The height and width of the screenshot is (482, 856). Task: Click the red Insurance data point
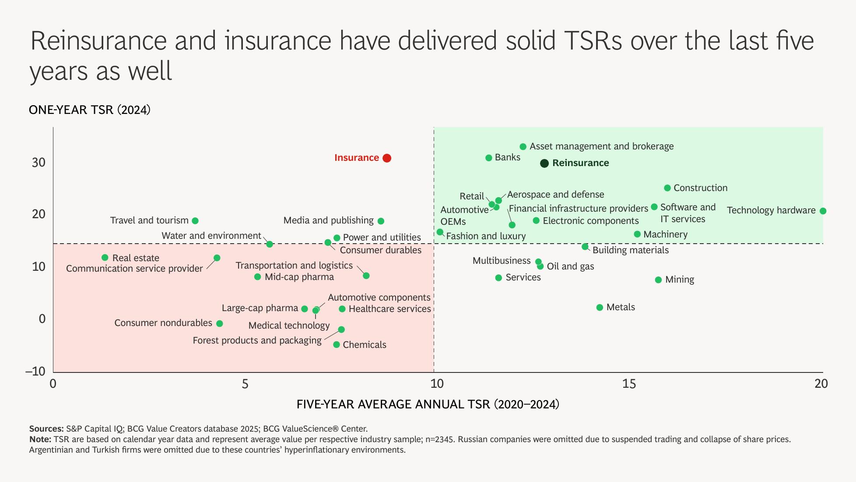click(386, 158)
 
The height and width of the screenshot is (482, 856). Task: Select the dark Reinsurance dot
click(544, 163)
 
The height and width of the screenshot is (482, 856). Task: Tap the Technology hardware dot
click(823, 211)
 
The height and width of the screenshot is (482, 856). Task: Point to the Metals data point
click(600, 308)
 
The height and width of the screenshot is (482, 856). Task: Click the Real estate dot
click(105, 258)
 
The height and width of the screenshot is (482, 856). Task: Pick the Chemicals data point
click(336, 345)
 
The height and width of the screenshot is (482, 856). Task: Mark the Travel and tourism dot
click(195, 221)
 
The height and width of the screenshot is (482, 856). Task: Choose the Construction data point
click(667, 188)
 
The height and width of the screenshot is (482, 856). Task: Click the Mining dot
click(658, 280)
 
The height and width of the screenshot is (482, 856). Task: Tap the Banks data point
click(489, 158)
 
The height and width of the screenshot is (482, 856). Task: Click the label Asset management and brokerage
click(601, 146)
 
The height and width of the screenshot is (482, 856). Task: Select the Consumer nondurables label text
click(163, 323)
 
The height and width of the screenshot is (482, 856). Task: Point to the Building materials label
click(630, 250)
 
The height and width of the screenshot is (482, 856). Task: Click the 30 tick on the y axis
click(39, 163)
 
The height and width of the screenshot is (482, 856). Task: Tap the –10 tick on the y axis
click(35, 372)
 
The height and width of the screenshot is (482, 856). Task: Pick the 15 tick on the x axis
click(628, 384)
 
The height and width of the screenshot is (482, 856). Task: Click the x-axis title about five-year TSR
click(428, 404)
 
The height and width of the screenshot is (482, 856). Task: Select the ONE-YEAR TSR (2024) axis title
click(90, 110)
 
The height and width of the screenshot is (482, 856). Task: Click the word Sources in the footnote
click(46, 429)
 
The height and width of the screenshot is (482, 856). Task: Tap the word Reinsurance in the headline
click(98, 41)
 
